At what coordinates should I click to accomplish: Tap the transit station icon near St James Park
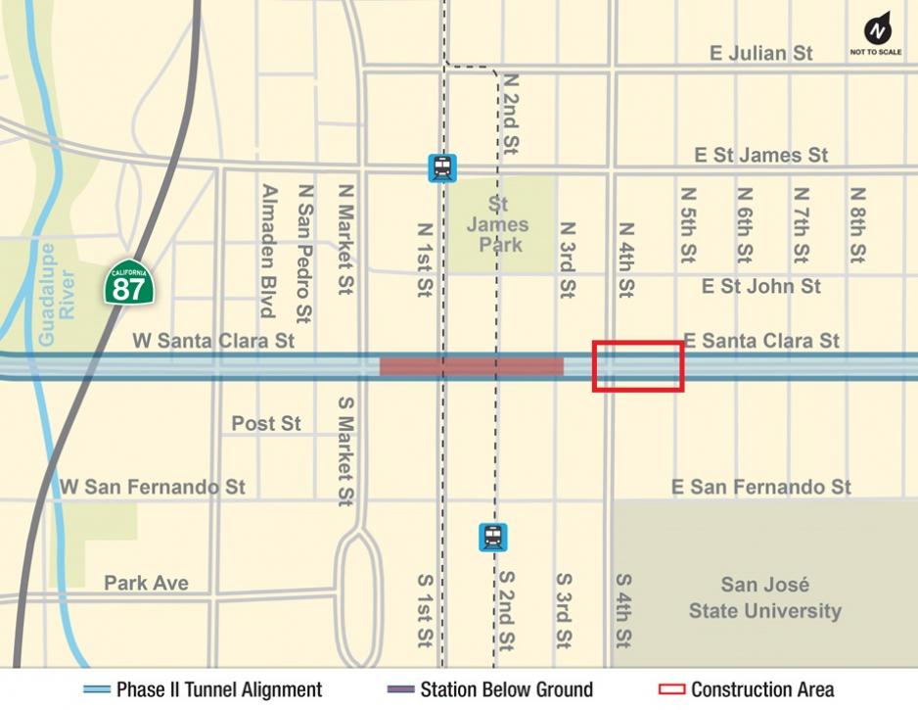pyautogui.click(x=442, y=167)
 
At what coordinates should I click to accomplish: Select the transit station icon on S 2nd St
pyautogui.click(x=492, y=537)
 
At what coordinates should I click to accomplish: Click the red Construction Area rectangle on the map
pyautogui.click(x=638, y=366)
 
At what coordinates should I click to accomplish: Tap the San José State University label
pyautogui.click(x=764, y=598)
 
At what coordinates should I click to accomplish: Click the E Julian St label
pyautogui.click(x=760, y=53)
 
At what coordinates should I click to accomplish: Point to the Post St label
pyautogui.click(x=266, y=424)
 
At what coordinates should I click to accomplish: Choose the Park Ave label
pyautogui.click(x=146, y=583)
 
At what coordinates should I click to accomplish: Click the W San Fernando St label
pyautogui.click(x=153, y=487)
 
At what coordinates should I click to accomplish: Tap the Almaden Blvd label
pyautogui.click(x=267, y=251)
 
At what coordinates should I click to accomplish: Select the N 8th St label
pyautogui.click(x=858, y=225)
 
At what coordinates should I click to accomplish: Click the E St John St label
pyautogui.click(x=760, y=287)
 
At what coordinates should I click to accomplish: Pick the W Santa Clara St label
pyautogui.click(x=213, y=341)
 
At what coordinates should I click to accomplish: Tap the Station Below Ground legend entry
pyautogui.click(x=489, y=689)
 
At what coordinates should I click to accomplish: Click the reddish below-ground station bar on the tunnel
pyautogui.click(x=472, y=366)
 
